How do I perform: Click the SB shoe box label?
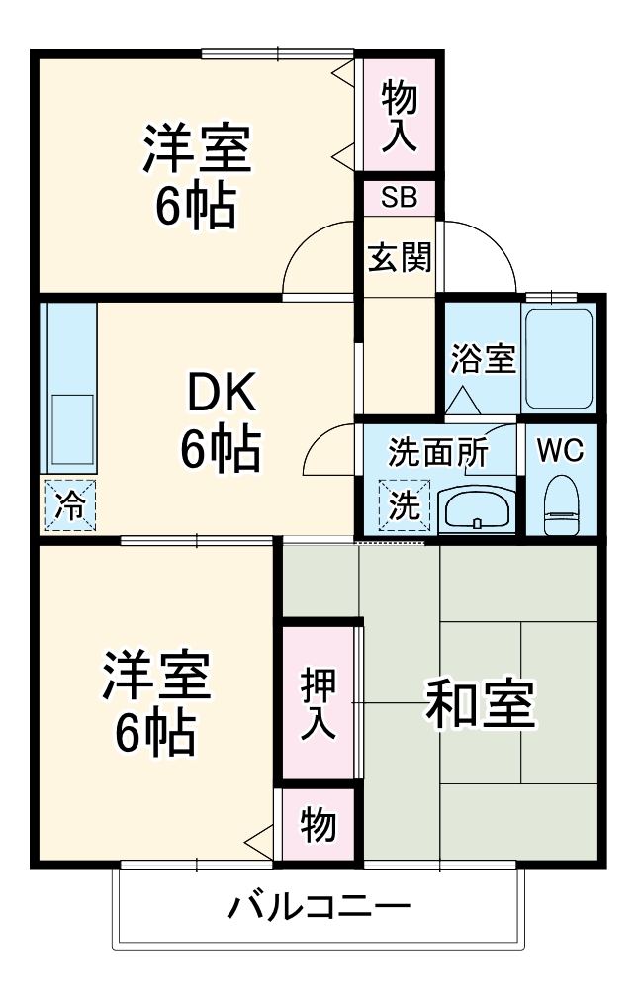point(400,197)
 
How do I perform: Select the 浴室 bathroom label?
point(483,359)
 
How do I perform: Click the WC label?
point(560,450)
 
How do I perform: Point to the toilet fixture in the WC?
point(562,503)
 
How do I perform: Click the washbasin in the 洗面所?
point(476,508)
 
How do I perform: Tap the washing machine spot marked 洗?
point(404,505)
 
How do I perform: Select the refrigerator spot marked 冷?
point(69,504)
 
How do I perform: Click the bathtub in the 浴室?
point(559,358)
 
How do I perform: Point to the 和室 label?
point(480,703)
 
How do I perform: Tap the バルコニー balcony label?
point(320,906)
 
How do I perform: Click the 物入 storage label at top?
point(400,117)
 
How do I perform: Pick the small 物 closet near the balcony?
point(318,824)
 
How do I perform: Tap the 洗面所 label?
point(436,452)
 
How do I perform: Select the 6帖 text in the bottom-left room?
point(155,732)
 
